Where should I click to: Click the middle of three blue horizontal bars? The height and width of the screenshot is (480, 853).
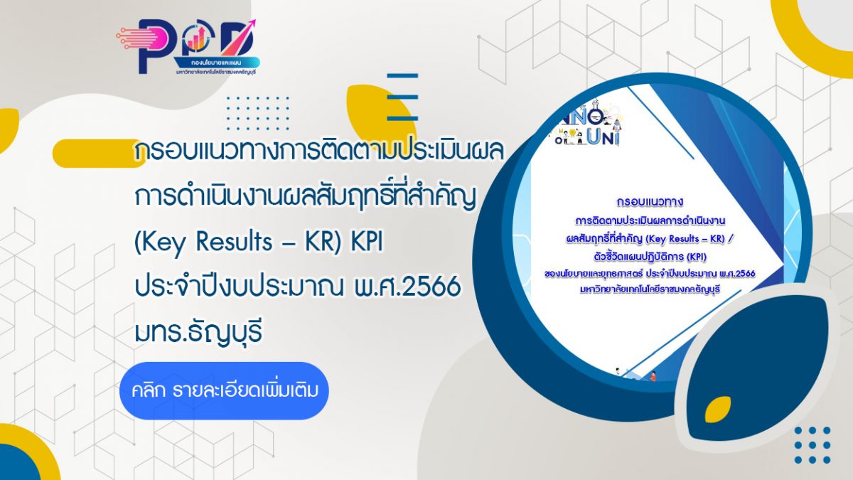click(402, 97)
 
